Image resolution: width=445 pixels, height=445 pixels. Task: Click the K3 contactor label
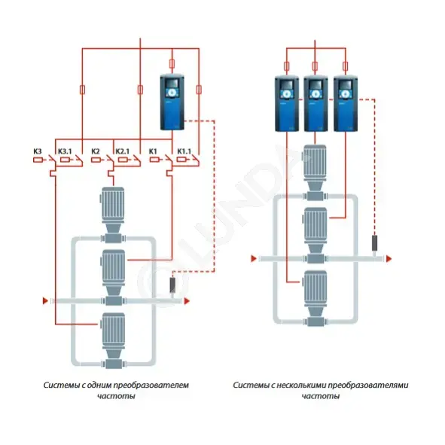pyautogui.click(x=38, y=151)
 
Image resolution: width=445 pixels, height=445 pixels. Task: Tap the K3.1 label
pyautogui.click(x=65, y=151)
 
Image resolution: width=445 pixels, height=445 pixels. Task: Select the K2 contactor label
pyautogui.click(x=96, y=151)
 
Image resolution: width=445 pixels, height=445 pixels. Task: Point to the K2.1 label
pyautogui.click(x=123, y=151)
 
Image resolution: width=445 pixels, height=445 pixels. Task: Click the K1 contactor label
pyautogui.click(x=153, y=151)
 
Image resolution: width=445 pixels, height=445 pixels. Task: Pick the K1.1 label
pyautogui.click(x=184, y=151)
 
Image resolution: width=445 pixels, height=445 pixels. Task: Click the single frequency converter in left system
pyautogui.click(x=172, y=102)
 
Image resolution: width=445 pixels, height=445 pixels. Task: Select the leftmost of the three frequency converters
pyautogui.click(x=287, y=104)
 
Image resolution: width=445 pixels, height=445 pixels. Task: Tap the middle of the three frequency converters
pyautogui.click(x=315, y=104)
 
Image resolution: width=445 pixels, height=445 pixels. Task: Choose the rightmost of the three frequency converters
pyautogui.click(x=346, y=104)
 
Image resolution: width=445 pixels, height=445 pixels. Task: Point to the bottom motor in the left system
pyautogui.click(x=113, y=338)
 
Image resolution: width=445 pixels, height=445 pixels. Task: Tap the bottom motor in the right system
pyautogui.click(x=315, y=297)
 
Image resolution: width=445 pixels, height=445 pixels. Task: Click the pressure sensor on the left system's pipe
pyautogui.click(x=172, y=285)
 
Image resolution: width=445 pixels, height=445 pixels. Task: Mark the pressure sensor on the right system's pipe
pyautogui.click(x=375, y=243)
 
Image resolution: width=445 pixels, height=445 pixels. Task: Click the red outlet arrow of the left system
pyautogui.click(x=187, y=301)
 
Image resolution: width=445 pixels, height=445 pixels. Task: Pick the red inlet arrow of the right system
pyautogui.click(x=254, y=258)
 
